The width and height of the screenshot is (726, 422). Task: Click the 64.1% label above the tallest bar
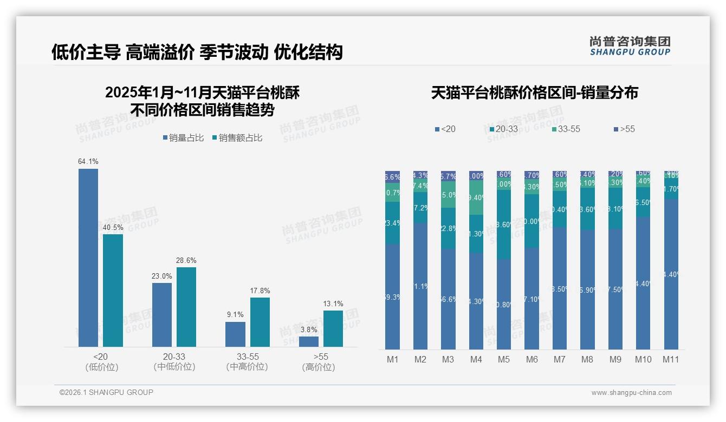pos(88,162)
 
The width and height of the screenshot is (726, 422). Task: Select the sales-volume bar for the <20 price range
pos(88,258)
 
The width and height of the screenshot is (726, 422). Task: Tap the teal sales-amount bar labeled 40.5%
pos(113,290)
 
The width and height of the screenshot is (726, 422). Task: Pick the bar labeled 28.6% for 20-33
pos(186,307)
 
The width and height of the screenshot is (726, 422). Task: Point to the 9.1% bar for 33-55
pos(235,334)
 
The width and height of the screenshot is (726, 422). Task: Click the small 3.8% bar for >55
pos(309,341)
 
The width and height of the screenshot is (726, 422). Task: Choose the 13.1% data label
pos(333,304)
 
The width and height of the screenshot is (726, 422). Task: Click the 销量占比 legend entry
pos(184,138)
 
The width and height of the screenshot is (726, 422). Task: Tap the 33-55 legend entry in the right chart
pos(566,129)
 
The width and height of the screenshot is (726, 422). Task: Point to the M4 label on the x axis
pos(476,359)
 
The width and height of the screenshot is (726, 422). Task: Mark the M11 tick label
pos(671,359)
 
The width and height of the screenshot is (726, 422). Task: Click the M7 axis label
pos(560,359)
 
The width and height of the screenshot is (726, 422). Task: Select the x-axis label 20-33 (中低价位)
pos(174,361)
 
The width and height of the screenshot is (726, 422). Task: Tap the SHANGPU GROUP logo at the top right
pos(630,46)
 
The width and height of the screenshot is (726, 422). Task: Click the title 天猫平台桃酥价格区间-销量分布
pos(534,93)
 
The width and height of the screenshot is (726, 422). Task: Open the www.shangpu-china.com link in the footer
pos(631,393)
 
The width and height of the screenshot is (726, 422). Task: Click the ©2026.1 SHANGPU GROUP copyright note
pos(106,392)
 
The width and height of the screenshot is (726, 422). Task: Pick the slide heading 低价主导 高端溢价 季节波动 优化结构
pos(197,52)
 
